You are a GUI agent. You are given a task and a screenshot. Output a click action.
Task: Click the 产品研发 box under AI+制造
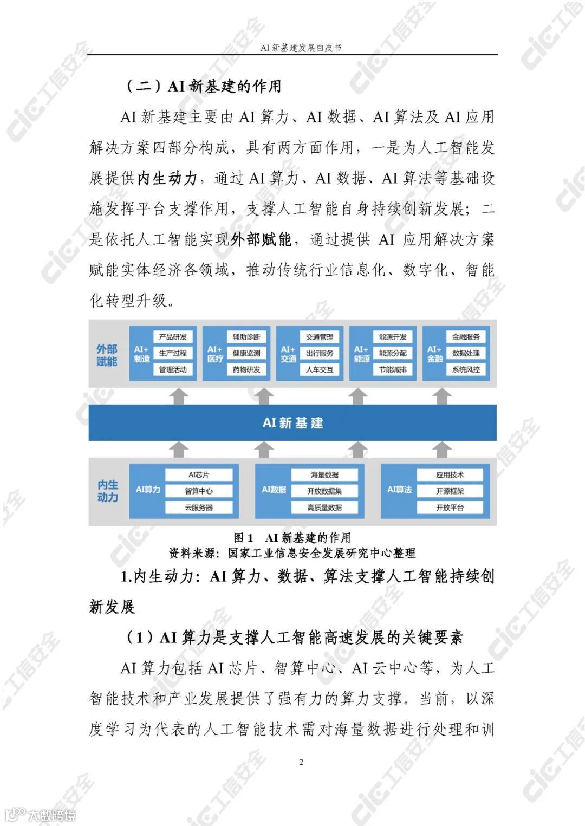(173, 337)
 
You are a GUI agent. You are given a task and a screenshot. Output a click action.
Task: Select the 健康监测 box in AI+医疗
(246, 353)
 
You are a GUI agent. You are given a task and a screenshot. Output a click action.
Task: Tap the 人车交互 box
(320, 370)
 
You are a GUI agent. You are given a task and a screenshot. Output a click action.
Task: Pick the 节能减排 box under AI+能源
(393, 370)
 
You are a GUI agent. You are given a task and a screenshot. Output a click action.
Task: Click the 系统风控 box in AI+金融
(466, 370)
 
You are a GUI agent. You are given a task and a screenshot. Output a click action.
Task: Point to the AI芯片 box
(199, 475)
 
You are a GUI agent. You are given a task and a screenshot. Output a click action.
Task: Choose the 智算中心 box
(199, 491)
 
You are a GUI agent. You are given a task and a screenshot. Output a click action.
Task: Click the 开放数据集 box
(324, 491)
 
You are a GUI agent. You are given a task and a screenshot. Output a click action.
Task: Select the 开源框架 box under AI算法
(450, 491)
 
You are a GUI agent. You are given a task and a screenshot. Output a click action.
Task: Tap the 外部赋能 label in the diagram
(107, 355)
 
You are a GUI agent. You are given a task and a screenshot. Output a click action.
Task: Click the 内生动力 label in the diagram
(107, 491)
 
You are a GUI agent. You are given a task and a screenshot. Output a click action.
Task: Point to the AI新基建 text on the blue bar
(292, 423)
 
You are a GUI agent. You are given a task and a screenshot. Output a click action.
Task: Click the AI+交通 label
(288, 354)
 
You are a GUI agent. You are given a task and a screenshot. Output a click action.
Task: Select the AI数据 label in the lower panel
(274, 490)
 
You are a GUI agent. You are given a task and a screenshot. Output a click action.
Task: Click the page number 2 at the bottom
(301, 762)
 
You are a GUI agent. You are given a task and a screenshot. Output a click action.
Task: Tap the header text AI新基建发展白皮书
(301, 48)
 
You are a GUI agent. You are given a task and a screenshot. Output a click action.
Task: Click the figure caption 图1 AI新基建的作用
(292, 537)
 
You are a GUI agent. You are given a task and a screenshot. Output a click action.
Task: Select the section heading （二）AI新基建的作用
(203, 86)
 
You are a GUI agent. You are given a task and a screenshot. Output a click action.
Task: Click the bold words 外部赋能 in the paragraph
(261, 239)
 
